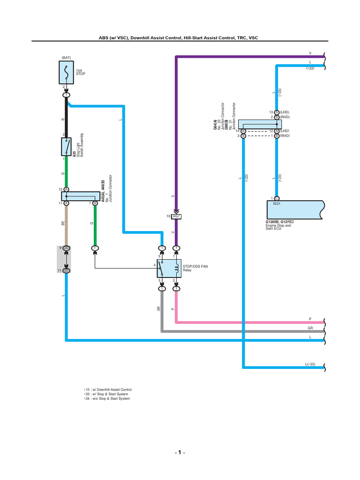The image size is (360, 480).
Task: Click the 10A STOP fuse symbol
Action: pos(67,74)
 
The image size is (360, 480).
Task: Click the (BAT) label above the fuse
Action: pos(65,58)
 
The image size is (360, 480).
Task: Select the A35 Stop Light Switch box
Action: pos(67,147)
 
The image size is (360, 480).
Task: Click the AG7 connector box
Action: pos(177,217)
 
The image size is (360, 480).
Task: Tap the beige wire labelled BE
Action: pos(67,225)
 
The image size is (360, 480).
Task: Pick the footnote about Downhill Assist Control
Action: pos(107,390)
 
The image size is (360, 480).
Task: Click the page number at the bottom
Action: pos(180,453)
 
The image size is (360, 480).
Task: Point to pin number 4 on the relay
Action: pos(154,266)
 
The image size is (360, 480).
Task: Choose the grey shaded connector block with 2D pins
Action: pos(67,259)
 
